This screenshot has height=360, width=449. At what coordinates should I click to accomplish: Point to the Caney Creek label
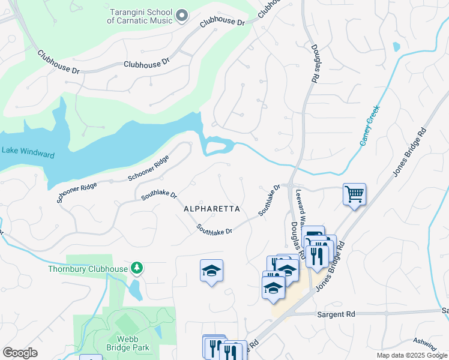point(370,125)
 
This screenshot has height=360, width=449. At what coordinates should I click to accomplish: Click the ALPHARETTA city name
point(211,209)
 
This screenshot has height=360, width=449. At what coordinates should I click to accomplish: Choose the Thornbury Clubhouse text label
point(88,269)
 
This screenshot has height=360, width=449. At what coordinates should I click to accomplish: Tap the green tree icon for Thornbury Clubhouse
point(137,268)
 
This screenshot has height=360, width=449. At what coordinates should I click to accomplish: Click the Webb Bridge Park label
point(128,343)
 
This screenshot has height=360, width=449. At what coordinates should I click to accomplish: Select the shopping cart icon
point(354,194)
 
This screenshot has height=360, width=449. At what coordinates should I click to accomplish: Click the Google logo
point(20,353)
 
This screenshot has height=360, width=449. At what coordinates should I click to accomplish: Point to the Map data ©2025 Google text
point(411,355)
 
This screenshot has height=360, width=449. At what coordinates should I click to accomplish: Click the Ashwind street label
point(425,342)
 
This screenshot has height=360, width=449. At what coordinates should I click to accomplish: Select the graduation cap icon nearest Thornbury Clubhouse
point(211,271)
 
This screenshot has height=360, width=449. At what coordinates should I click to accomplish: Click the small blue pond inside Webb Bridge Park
point(158,332)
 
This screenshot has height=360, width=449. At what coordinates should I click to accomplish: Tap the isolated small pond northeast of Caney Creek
point(396,46)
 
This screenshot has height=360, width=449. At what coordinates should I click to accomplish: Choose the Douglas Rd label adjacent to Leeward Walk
point(295,236)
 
